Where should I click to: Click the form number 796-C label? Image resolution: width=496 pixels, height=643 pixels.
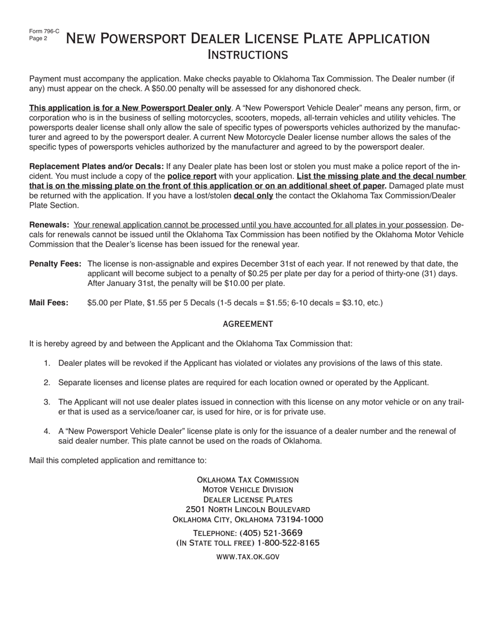click(44, 31)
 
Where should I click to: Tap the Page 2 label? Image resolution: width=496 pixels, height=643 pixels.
click(38, 38)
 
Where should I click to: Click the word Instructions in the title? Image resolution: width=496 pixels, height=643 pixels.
click(247, 54)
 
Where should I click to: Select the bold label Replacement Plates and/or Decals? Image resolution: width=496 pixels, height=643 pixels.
click(97, 166)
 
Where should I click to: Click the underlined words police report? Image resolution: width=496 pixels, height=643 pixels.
click(192, 176)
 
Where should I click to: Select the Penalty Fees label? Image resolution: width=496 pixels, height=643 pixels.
click(55, 263)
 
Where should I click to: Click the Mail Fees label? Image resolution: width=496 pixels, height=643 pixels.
click(49, 303)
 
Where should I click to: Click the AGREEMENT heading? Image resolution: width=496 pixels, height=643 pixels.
click(247, 324)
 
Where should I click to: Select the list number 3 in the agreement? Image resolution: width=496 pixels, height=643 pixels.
click(47, 402)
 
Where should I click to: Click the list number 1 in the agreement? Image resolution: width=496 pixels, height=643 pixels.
click(47, 363)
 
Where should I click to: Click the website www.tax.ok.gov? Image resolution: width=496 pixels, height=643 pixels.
click(247, 557)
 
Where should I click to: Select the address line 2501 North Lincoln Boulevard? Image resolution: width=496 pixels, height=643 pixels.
click(247, 509)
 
